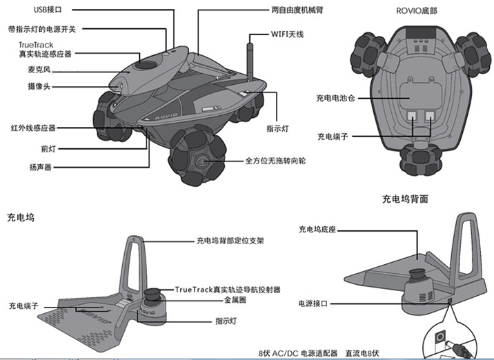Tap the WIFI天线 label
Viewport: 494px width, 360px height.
286,33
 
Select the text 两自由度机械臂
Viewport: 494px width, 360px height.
297,10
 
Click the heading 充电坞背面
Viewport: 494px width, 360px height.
405,199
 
